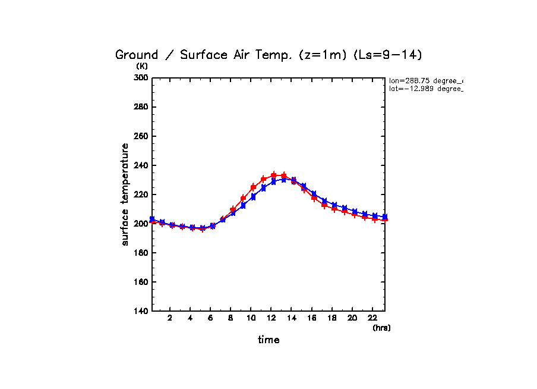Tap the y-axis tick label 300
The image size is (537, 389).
coord(141,78)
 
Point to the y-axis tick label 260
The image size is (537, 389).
coord(141,136)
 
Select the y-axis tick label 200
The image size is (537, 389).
coord(141,224)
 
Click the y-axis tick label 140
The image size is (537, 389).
coord(141,311)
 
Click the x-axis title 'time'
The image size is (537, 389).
coord(268,340)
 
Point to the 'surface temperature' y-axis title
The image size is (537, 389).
coord(125,194)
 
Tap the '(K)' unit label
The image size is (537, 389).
coord(142,66)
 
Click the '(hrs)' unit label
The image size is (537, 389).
coord(381,328)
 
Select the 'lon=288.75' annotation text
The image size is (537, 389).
coord(425,80)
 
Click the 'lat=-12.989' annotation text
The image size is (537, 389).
coord(425,89)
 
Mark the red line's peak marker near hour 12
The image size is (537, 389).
coord(274,175)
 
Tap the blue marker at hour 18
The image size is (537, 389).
coord(334,205)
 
